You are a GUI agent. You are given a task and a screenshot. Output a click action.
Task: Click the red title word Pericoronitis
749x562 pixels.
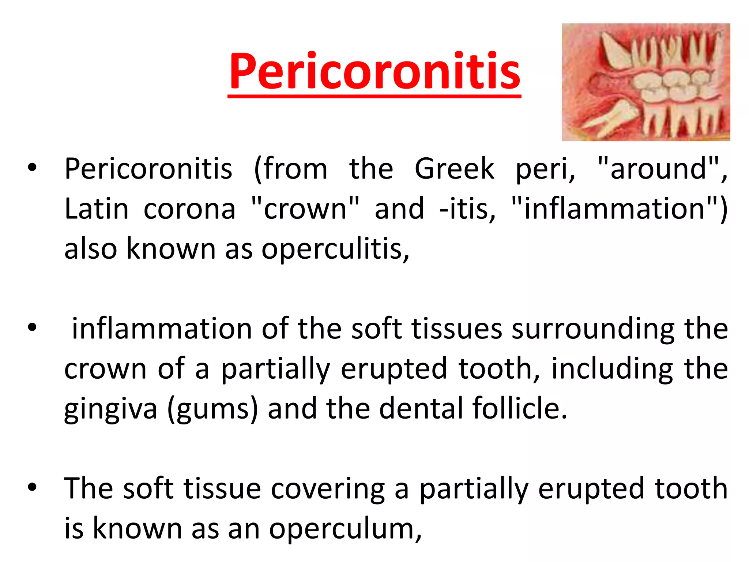click(374, 71)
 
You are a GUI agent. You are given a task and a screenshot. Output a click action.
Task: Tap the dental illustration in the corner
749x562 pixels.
click(646, 82)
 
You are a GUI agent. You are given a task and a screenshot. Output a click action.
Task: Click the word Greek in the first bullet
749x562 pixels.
click(454, 169)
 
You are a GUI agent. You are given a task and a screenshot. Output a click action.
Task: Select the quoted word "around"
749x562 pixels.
click(658, 169)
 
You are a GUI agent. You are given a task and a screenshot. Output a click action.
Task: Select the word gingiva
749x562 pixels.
click(110, 409)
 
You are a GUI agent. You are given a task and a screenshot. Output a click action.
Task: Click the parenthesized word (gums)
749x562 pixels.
click(212, 409)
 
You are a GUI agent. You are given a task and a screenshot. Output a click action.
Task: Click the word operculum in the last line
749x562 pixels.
click(345, 529)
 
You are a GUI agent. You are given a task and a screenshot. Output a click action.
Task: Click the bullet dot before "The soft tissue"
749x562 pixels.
click(32, 487)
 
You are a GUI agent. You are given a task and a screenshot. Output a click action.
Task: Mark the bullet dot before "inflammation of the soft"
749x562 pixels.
click(32, 327)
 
